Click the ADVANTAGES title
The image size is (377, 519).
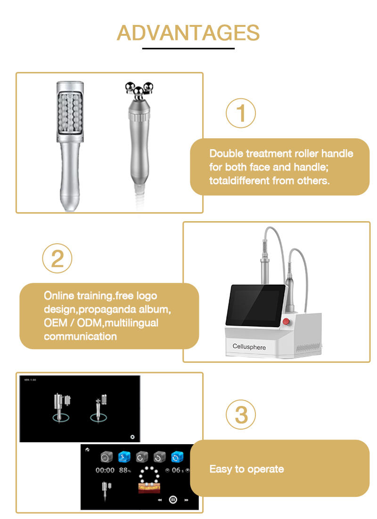pyautogui.click(x=188, y=33)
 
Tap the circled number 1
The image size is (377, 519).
pyautogui.click(x=241, y=113)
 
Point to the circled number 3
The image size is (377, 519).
pyautogui.click(x=241, y=415)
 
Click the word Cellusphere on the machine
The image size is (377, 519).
pyautogui.click(x=249, y=347)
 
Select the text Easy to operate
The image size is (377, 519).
pyautogui.click(x=246, y=469)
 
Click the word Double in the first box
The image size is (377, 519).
pyautogui.click(x=224, y=153)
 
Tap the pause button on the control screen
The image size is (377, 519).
pyautogui.click(x=173, y=500)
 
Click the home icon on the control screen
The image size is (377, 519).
pyautogui.click(x=87, y=449)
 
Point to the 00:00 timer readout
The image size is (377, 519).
pyautogui.click(x=105, y=470)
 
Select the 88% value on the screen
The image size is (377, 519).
pyautogui.click(x=125, y=470)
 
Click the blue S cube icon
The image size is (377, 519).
pyautogui.click(x=123, y=456)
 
